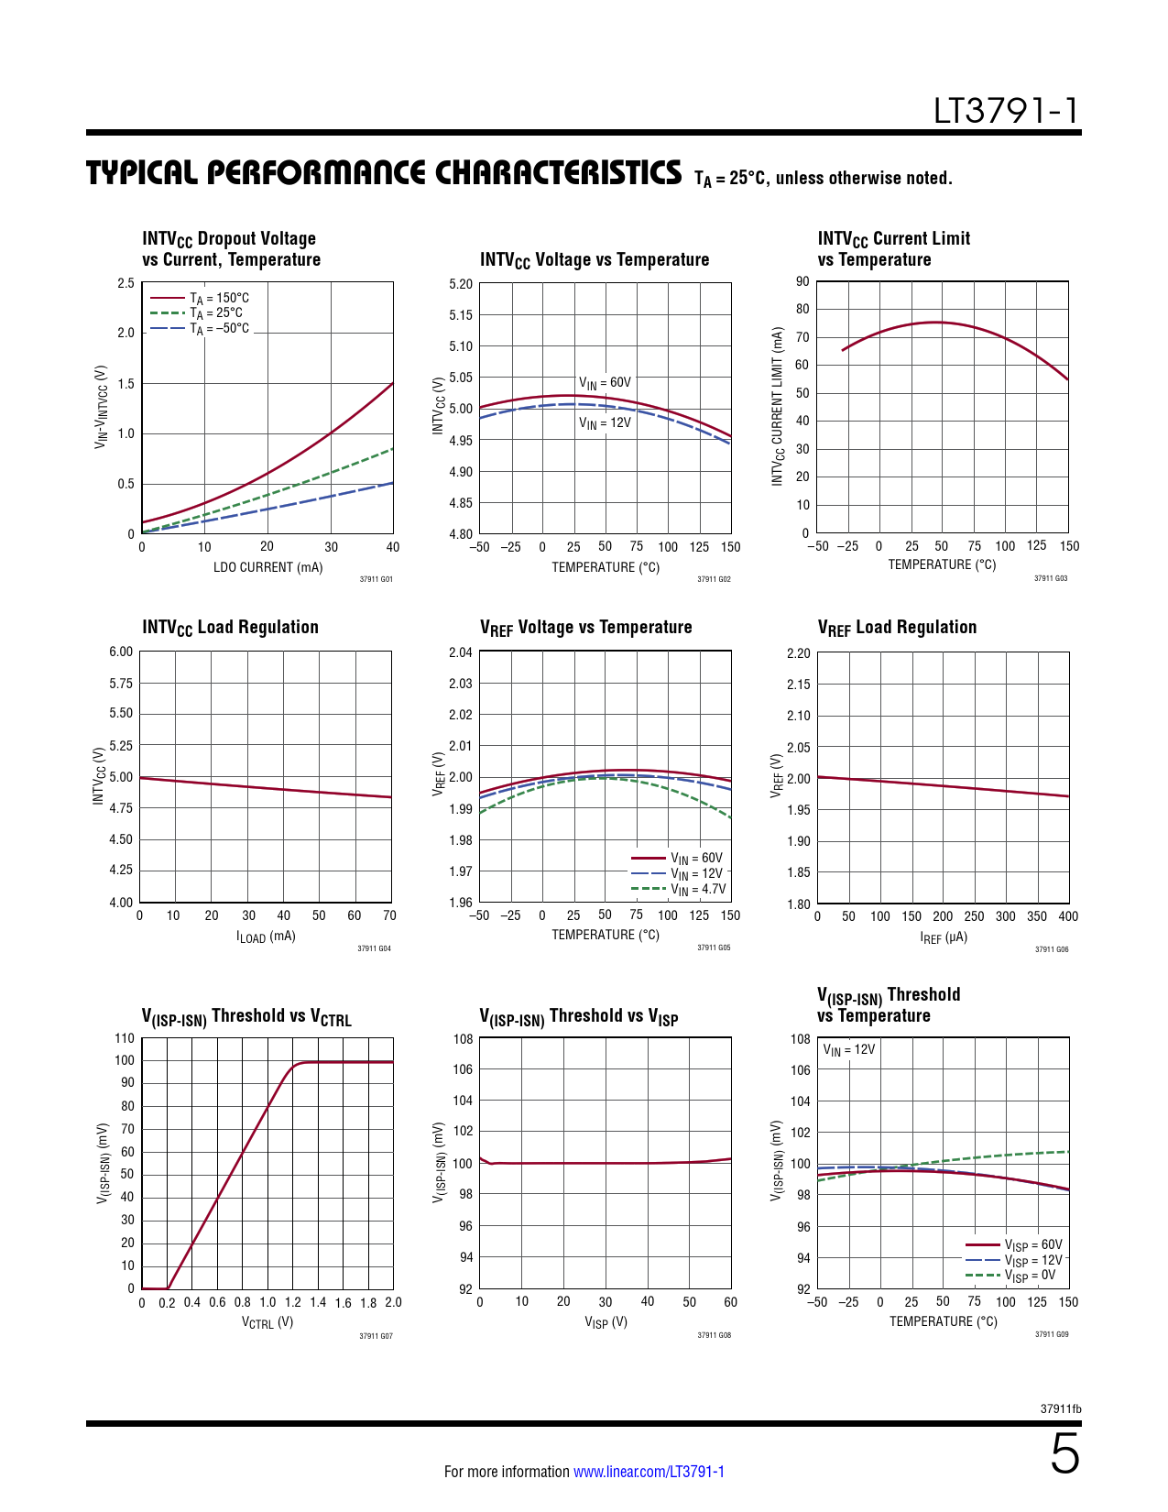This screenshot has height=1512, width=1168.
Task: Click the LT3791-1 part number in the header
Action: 1006,111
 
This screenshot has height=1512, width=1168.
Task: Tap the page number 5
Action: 1064,1455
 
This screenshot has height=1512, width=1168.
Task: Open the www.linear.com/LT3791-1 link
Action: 649,1472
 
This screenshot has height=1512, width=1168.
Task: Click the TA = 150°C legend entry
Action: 219,298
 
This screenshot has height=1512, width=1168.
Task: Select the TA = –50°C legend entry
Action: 219,328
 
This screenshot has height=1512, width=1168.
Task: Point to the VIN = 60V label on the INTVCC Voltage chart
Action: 605,382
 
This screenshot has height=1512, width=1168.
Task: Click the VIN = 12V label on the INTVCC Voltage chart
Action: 605,423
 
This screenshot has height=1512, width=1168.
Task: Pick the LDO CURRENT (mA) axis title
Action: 267,567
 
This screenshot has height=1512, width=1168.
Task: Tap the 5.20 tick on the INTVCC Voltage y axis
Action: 461,284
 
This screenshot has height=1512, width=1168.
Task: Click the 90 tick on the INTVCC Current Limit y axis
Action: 802,281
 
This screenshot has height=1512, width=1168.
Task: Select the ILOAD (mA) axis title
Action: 266,937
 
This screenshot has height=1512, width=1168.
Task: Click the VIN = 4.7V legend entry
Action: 698,889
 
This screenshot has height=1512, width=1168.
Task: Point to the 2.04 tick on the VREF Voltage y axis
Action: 461,652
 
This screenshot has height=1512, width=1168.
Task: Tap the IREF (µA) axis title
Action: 944,937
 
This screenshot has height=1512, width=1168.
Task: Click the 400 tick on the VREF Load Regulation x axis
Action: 1068,916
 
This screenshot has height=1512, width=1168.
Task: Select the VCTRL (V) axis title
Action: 267,1322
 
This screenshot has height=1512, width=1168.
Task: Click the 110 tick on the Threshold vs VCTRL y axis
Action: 125,1038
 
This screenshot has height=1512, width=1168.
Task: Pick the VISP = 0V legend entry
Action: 1030,1276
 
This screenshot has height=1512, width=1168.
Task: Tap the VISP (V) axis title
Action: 606,1322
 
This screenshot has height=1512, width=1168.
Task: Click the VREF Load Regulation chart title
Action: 897,628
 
